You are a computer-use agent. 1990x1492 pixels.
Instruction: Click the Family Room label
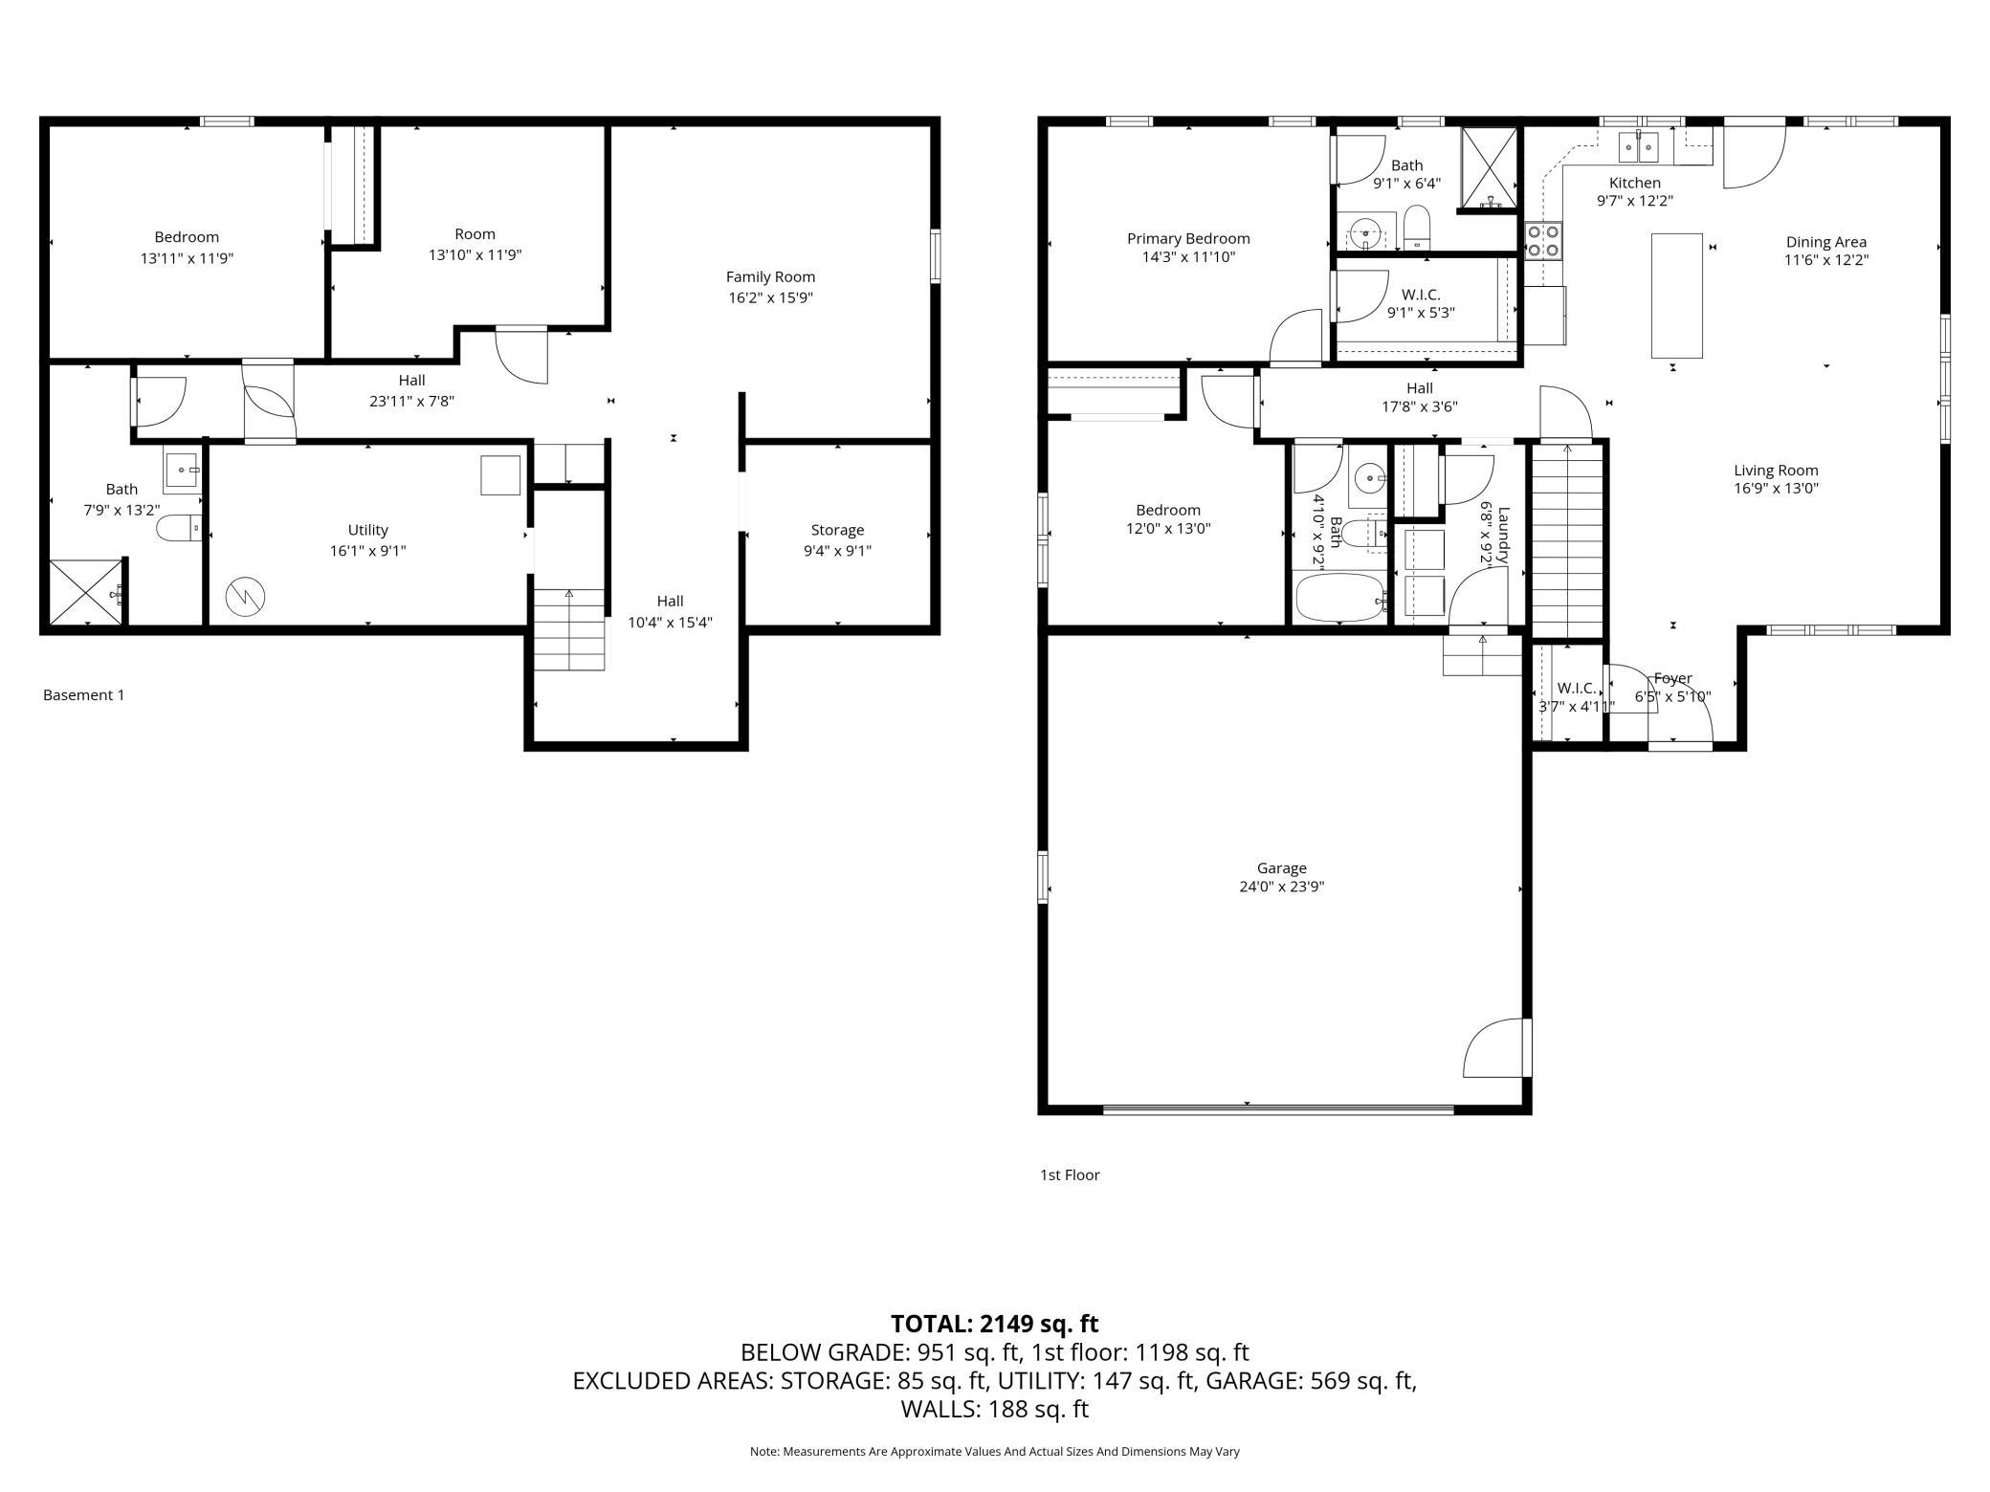click(x=770, y=277)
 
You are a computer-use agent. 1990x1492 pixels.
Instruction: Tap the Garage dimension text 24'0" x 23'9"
click(x=1281, y=887)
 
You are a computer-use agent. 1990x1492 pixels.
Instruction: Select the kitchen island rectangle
click(x=1676, y=296)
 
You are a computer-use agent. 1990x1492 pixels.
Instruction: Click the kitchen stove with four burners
click(x=1542, y=240)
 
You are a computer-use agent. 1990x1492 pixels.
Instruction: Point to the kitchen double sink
click(x=1638, y=148)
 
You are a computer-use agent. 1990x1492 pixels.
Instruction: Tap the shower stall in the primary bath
click(x=1489, y=167)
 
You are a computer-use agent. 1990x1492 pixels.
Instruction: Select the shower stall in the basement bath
click(x=86, y=592)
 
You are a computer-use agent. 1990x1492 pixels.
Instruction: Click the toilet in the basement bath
click(x=179, y=528)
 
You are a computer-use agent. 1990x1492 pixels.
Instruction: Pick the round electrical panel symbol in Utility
click(x=245, y=598)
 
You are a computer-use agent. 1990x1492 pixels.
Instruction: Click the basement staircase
click(x=569, y=630)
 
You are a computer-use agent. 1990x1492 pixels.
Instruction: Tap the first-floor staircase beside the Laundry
click(x=1567, y=540)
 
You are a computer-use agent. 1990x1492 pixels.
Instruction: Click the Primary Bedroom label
click(x=1188, y=239)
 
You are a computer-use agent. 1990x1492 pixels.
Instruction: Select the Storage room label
click(x=837, y=530)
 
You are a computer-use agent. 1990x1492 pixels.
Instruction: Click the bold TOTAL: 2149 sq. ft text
click(x=994, y=1324)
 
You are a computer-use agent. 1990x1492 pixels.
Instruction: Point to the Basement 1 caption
click(x=84, y=695)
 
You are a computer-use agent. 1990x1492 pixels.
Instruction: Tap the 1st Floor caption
click(x=1070, y=1174)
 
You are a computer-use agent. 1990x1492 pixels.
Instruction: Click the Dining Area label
click(x=1825, y=242)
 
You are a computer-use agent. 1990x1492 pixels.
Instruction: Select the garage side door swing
click(x=1494, y=1047)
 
